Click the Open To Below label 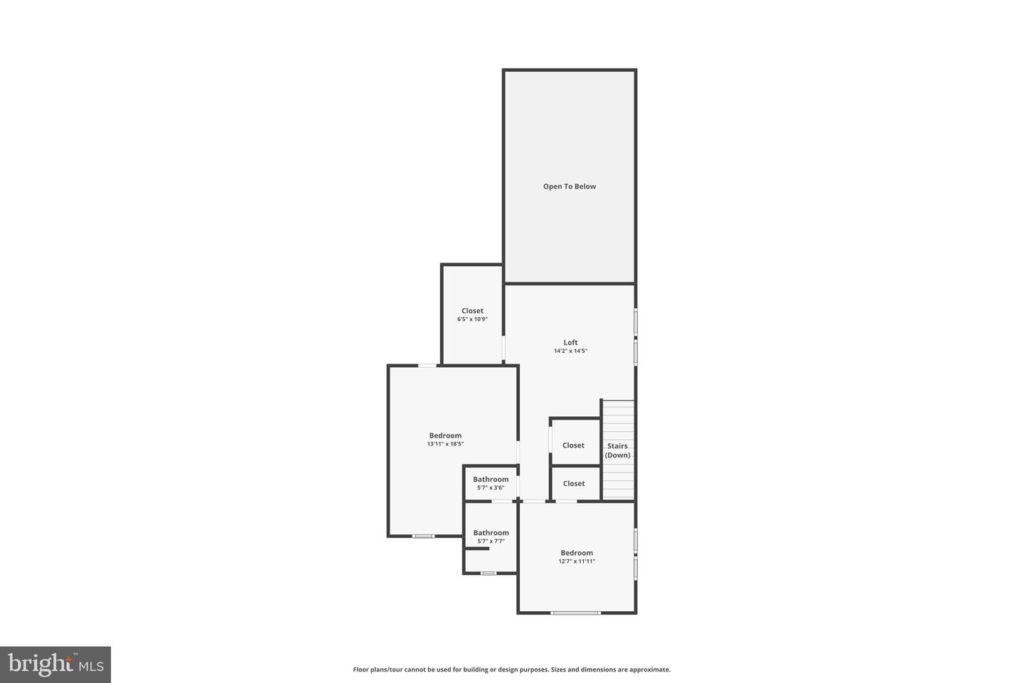tap(570, 186)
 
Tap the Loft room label tap(570, 342)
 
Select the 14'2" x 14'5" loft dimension tap(570, 351)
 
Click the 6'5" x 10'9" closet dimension tap(472, 319)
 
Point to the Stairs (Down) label tap(617, 450)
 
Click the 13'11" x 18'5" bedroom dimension tap(445, 444)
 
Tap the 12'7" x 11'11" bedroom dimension tap(576, 561)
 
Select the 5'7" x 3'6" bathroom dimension tap(491, 487)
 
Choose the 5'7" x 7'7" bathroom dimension tap(491, 541)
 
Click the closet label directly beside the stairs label tap(573, 445)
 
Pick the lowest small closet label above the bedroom tap(573, 484)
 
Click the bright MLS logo tap(55, 665)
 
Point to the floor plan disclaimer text tap(511, 669)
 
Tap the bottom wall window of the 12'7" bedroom tap(575, 613)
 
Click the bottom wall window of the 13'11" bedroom tap(424, 536)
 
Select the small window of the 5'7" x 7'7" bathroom tap(489, 573)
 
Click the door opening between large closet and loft tap(503, 349)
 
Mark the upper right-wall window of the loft tap(636, 321)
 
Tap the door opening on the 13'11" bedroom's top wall tap(427, 366)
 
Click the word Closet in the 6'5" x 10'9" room tap(472, 311)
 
